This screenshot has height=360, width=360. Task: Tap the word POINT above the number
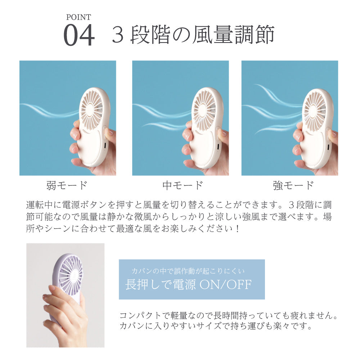(78, 17)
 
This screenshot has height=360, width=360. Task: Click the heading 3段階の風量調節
(193, 35)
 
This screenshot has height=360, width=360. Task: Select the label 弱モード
(67, 186)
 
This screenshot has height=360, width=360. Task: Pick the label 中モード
(183, 186)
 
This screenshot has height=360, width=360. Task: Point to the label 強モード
(293, 186)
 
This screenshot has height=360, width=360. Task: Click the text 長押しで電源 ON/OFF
(188, 285)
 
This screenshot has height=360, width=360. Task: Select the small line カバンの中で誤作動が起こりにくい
(188, 271)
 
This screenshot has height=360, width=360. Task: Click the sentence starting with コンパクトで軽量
(229, 316)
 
